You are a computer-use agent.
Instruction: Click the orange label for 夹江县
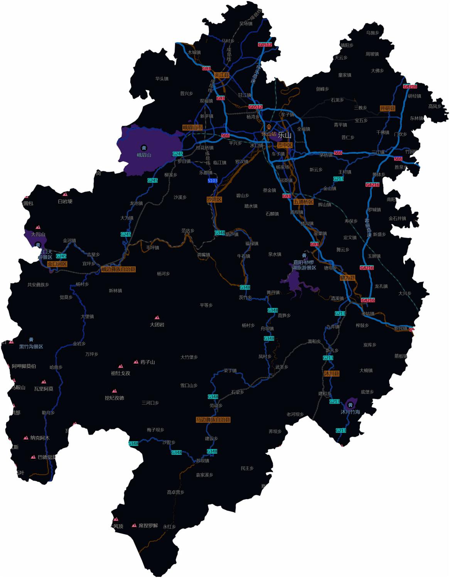[x=222, y=75]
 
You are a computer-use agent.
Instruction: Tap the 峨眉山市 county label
[x=192, y=127]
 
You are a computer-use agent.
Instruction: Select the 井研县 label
[x=388, y=108]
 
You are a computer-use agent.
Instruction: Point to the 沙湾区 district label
[x=214, y=199]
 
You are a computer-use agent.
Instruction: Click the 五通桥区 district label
[x=303, y=202]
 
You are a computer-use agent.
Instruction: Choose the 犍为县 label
[x=347, y=278]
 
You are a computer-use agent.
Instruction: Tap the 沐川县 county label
[x=331, y=374]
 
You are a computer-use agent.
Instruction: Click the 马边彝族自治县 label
[x=213, y=420]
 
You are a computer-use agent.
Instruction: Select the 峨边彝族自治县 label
[x=118, y=269]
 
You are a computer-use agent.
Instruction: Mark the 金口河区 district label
[x=57, y=264]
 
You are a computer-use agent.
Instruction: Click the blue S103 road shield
[x=212, y=181]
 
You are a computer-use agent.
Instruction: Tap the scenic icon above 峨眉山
[x=144, y=147]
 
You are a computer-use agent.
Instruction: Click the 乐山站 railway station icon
[x=269, y=127]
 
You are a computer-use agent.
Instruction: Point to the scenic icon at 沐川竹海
[x=351, y=404]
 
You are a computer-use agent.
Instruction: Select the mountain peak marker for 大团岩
[x=157, y=318]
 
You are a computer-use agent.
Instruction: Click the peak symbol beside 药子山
[x=136, y=362]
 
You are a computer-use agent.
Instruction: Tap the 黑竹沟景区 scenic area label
[x=31, y=347]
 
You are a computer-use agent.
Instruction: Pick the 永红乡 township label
[x=169, y=527]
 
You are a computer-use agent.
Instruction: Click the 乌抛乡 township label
[x=372, y=33]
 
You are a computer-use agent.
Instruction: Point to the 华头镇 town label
[x=162, y=79]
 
